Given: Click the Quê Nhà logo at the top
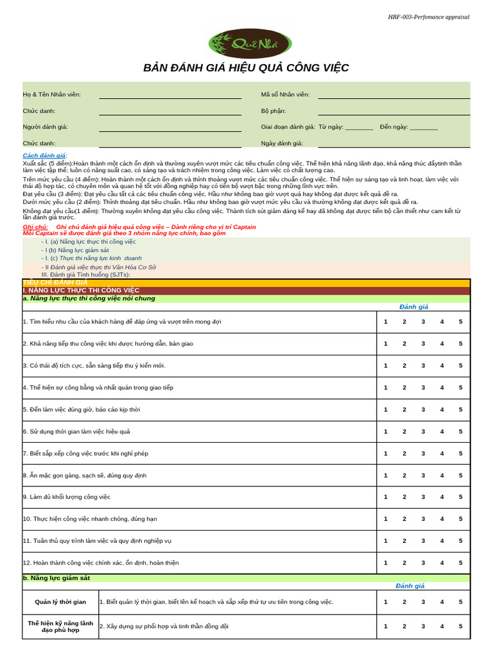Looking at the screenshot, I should (250, 44).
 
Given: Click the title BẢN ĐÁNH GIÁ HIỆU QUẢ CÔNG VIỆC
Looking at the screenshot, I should (246, 69).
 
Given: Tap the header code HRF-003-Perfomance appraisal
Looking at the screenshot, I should (428, 17).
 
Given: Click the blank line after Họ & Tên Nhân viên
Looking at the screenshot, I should (170, 96).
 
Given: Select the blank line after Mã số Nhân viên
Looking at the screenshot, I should (394, 96).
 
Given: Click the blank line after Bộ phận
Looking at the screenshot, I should (394, 112).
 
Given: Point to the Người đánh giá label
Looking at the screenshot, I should (45, 127).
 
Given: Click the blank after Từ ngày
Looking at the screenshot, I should (359, 128).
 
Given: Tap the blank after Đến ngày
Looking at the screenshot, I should (424, 128).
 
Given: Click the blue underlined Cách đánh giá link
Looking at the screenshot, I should (44, 156).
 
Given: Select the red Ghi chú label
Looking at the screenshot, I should (35, 227).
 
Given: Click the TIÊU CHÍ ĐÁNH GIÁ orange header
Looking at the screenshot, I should (55, 282).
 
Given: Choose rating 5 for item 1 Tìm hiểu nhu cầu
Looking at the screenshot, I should (460, 322).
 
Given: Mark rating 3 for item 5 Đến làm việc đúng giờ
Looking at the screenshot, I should (423, 409).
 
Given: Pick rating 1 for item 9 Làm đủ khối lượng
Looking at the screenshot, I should (386, 497).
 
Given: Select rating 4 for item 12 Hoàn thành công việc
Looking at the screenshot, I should (442, 563).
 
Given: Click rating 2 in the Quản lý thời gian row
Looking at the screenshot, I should (404, 602).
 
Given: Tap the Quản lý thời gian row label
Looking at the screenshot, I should (60, 602).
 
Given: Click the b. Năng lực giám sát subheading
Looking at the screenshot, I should (56, 578).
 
